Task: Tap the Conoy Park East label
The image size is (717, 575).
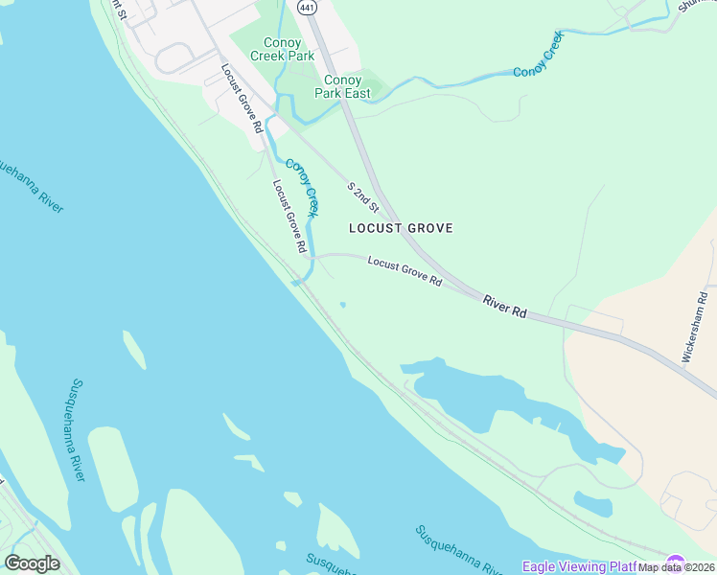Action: [344, 86]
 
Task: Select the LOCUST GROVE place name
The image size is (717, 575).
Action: [401, 228]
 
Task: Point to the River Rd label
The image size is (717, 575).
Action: [505, 307]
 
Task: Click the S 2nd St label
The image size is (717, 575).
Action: [363, 196]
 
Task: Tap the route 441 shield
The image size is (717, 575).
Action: [306, 7]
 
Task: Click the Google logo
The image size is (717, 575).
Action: [32, 563]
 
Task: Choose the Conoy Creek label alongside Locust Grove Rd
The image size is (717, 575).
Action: [301, 187]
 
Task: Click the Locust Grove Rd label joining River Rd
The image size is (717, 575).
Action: [405, 272]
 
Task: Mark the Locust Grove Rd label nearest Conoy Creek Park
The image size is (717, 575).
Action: [242, 98]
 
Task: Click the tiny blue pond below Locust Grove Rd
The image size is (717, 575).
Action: [342, 307]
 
